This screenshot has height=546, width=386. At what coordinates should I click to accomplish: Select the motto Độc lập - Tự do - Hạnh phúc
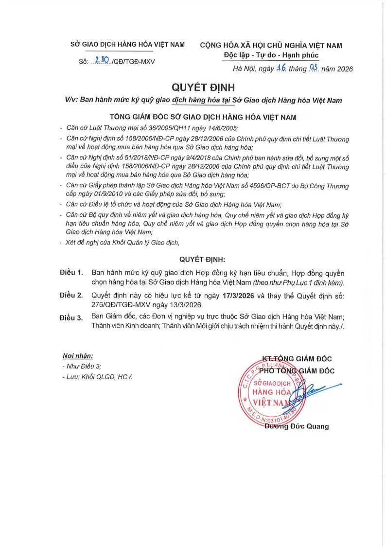pos(271,55)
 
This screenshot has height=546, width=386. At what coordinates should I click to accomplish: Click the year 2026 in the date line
pos(343,69)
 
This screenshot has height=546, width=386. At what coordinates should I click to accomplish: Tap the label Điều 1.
pos(71,273)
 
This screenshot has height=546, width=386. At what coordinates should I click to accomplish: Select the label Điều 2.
pos(71,295)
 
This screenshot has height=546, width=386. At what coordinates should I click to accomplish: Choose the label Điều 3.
pos(71,317)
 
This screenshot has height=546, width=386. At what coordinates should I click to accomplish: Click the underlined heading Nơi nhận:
pos(78,356)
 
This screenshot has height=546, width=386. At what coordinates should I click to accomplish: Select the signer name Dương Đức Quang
pos(297,426)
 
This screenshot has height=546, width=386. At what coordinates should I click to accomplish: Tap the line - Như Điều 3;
pos(82,367)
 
